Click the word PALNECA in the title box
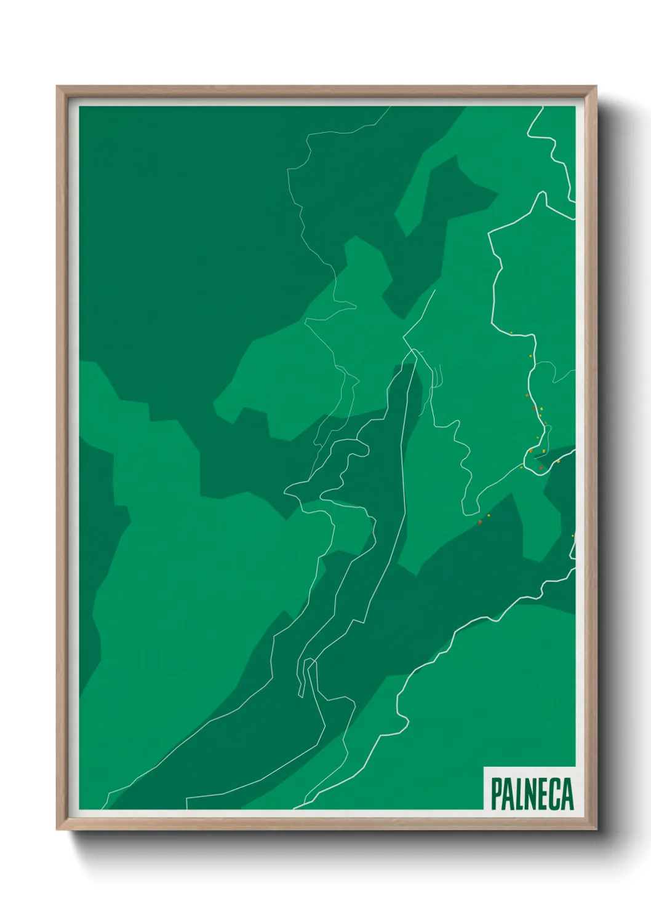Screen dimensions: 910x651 532,793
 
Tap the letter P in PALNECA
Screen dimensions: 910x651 496,793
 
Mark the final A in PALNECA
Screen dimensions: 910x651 567,793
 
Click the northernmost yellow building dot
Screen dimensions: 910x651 511,333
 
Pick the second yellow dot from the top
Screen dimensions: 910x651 530,355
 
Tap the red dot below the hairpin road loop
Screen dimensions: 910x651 480,522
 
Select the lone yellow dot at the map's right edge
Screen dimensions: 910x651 572,536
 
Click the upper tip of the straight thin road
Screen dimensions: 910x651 435,290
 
